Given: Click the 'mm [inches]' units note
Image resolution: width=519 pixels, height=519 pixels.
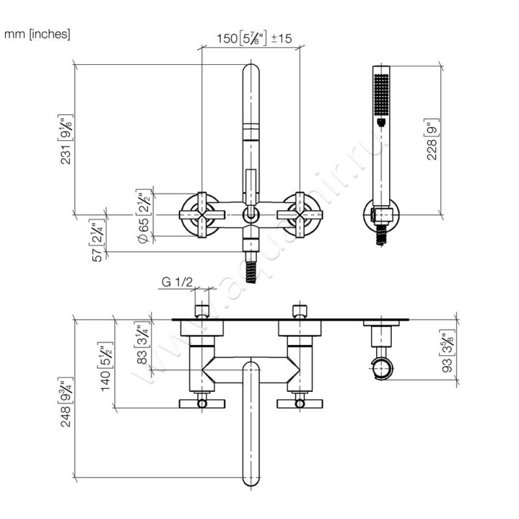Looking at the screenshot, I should [x=37, y=34].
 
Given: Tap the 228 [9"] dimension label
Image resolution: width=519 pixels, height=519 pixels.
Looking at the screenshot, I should [x=432, y=138].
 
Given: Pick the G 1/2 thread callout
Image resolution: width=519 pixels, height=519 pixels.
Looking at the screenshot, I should [x=177, y=282].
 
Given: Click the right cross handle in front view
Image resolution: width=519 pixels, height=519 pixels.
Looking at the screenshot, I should [x=300, y=214].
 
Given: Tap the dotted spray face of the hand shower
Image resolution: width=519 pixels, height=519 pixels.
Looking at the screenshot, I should [x=381, y=97].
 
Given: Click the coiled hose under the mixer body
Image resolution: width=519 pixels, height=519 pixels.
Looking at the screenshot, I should [x=250, y=266].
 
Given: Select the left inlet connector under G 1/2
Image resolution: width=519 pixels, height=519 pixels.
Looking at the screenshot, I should [x=201, y=309].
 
